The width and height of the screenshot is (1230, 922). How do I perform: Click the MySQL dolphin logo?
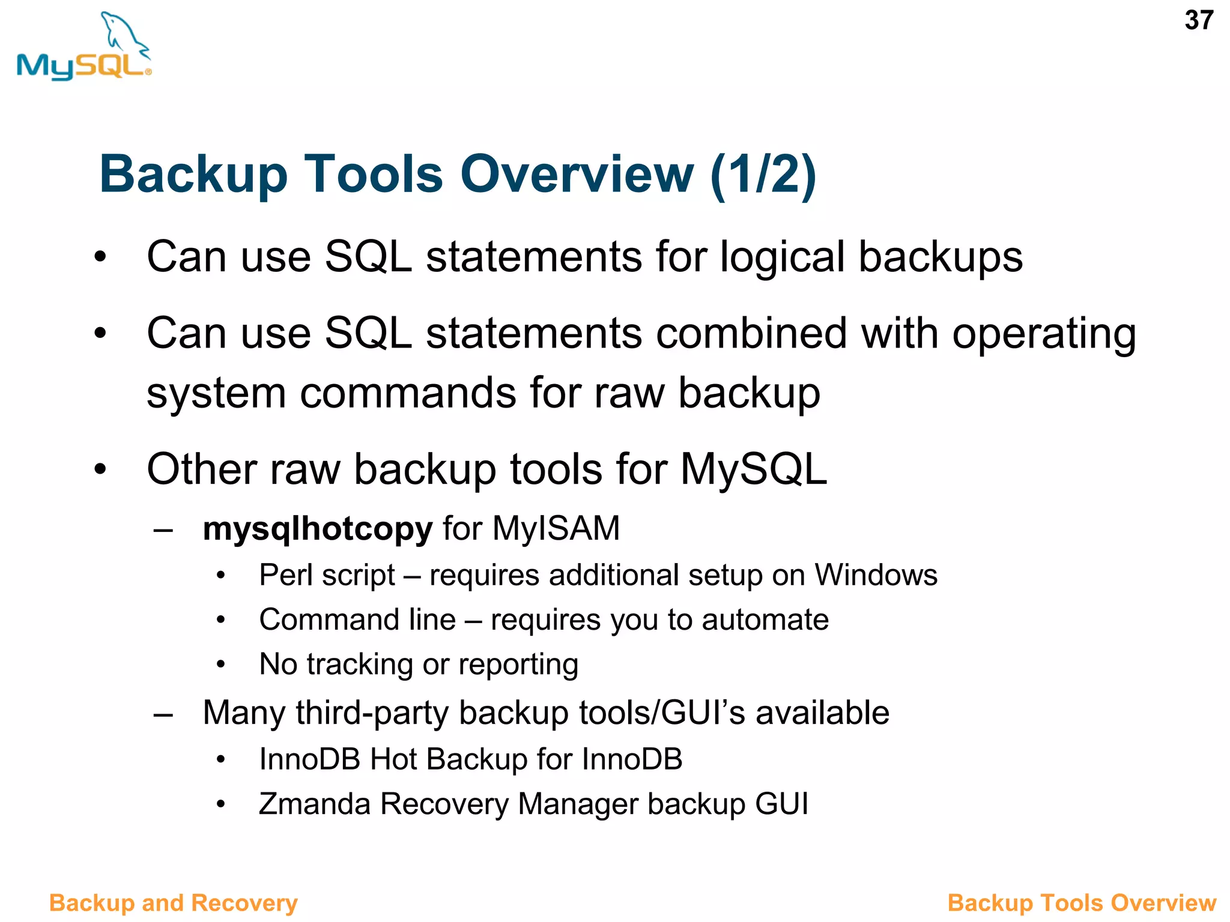pyautogui.click(x=84, y=47)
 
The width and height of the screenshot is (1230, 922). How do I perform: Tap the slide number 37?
pyautogui.click(x=1199, y=20)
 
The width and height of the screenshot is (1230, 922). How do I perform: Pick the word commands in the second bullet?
pyautogui.click(x=408, y=394)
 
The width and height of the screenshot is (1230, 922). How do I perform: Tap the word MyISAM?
pyautogui.click(x=556, y=529)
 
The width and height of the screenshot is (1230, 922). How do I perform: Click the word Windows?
pyautogui.click(x=876, y=575)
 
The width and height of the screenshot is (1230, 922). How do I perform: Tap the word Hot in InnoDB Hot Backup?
pyautogui.click(x=393, y=759)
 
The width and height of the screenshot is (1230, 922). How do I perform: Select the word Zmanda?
pyautogui.click(x=314, y=804)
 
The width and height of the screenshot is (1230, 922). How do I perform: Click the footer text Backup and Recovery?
pyautogui.click(x=173, y=903)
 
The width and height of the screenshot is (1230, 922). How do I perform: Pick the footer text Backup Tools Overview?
pyautogui.click(x=1082, y=903)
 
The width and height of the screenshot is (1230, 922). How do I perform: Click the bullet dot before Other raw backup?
pyautogui.click(x=100, y=469)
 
